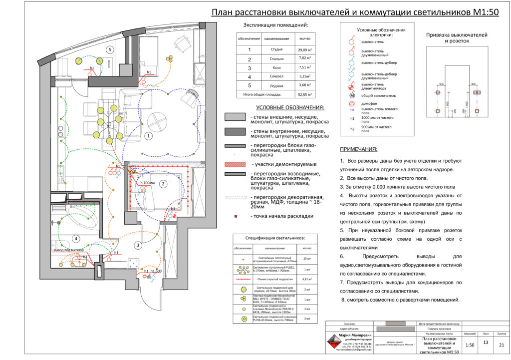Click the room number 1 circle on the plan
point(147,135)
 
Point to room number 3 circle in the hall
point(138,245)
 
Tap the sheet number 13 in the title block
point(486,343)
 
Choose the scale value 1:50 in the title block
point(470,345)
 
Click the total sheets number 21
point(502,344)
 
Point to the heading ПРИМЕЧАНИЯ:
point(358,149)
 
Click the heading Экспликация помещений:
point(275,25)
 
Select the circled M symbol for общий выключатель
point(351,94)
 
